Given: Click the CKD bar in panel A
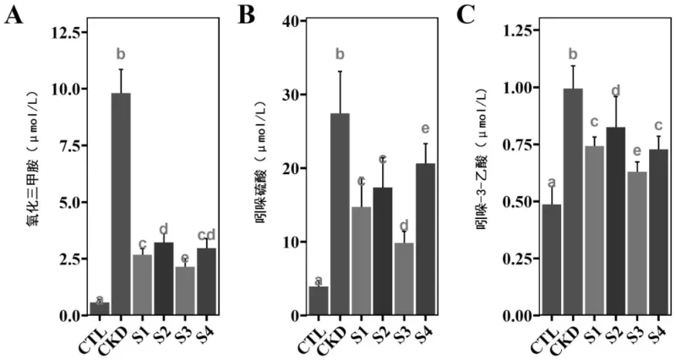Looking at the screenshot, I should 121,204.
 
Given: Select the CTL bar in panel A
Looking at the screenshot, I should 99,308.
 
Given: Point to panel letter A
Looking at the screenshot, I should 14,16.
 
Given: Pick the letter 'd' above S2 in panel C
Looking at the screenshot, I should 615,90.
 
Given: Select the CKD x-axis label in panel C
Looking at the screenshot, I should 569,335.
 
